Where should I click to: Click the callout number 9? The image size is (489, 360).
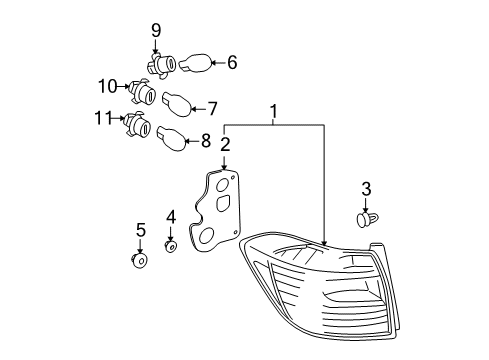click(x=156, y=31)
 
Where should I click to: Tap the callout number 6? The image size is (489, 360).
click(x=232, y=62)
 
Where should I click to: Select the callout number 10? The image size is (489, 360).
click(x=108, y=86)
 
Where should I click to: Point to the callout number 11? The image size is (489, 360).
click(x=104, y=118)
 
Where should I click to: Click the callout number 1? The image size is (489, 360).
click(x=274, y=111)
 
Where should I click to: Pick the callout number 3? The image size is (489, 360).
click(x=366, y=189)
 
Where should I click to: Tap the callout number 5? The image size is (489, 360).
click(x=141, y=230)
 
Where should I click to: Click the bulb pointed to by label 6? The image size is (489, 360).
click(x=195, y=63)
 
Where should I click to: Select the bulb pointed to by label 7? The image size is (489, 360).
click(x=177, y=104)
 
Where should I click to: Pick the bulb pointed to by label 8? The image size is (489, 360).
click(x=172, y=138)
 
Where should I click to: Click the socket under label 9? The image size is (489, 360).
click(x=161, y=65)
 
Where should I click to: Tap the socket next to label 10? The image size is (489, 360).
click(x=142, y=92)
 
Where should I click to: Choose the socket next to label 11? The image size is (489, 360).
click(x=138, y=124)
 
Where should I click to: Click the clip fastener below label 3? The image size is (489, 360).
click(x=367, y=220)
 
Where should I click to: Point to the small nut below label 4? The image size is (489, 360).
click(x=171, y=247)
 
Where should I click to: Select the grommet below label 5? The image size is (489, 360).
click(x=140, y=261)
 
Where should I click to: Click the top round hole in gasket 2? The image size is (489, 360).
click(x=222, y=185)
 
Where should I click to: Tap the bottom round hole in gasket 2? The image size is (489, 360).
click(x=207, y=235)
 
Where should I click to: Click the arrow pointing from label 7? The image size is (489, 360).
click(x=198, y=109)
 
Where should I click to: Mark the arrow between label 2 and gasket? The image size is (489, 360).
click(x=224, y=162)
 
